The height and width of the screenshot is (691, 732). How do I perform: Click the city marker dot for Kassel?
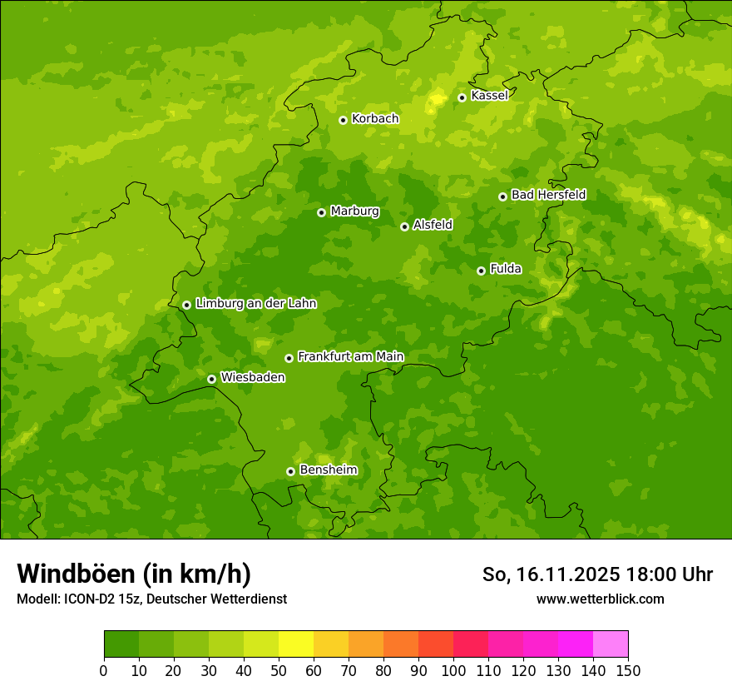coord(462,97)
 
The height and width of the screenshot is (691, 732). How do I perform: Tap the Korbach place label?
coord(375,119)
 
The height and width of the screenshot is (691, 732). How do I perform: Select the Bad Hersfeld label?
coord(548,195)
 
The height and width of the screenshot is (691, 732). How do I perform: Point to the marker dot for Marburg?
coord(321,212)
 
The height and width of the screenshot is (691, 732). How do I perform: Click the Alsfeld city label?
coord(433,225)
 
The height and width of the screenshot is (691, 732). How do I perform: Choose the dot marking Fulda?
coord(481,271)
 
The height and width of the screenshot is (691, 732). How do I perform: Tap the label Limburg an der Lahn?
coord(255,304)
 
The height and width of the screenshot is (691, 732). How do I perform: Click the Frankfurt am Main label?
coord(350,356)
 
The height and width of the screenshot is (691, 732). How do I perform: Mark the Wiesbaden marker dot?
coord(211,379)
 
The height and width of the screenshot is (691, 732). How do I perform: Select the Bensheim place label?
coord(328,470)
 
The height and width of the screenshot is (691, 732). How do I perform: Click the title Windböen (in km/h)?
coord(134,574)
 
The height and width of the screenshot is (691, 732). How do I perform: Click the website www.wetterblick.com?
coord(600,599)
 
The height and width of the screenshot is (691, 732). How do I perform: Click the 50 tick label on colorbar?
coord(279,670)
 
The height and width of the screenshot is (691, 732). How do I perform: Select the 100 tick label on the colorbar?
coord(453,670)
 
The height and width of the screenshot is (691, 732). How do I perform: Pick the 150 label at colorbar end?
coord(628,670)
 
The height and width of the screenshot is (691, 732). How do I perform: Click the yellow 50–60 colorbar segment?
coord(296,644)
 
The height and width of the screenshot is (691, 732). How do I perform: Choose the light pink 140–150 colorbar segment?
coord(611,644)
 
